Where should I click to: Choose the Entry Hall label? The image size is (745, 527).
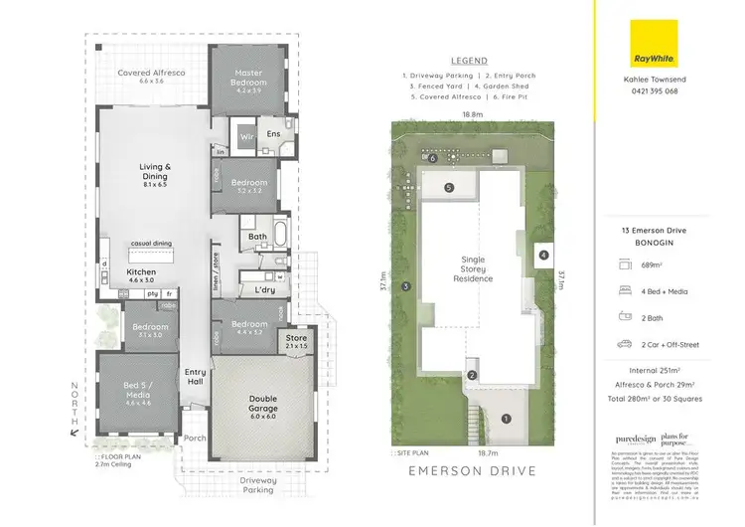pos(196,378)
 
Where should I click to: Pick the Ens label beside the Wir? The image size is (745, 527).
pos(274,132)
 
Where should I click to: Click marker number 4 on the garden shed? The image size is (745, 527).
pos(543,255)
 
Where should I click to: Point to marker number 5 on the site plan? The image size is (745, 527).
pos(449,187)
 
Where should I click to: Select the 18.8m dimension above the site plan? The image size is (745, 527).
pos(473,114)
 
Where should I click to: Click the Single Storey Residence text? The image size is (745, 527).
pos(473,267)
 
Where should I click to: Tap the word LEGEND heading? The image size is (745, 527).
pos(469,59)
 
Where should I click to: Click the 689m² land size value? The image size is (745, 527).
pos(651,265)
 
